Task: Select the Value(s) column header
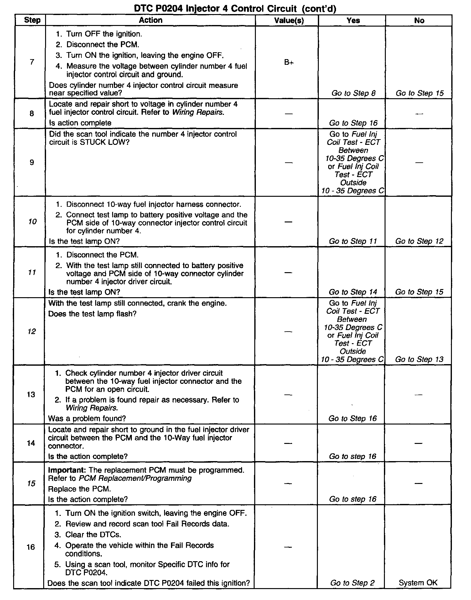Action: [x=289, y=21]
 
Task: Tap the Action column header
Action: [x=151, y=20]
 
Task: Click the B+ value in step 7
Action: [x=289, y=62]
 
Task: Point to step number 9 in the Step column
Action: [x=32, y=162]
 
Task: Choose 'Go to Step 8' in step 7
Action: [x=353, y=93]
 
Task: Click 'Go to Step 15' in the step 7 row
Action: [x=420, y=93]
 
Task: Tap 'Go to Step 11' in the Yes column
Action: [x=353, y=241]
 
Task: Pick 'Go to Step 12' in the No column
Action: [x=419, y=241]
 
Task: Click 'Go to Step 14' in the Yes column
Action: [x=353, y=292]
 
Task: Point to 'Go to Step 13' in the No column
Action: [x=419, y=359]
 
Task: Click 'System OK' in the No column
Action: [x=418, y=582]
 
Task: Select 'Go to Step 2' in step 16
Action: [x=352, y=583]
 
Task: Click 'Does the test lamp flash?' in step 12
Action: [x=92, y=314]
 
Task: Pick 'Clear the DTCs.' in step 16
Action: [x=93, y=534]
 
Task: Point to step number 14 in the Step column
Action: [x=31, y=443]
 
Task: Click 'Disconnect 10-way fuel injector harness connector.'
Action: [x=153, y=205]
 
